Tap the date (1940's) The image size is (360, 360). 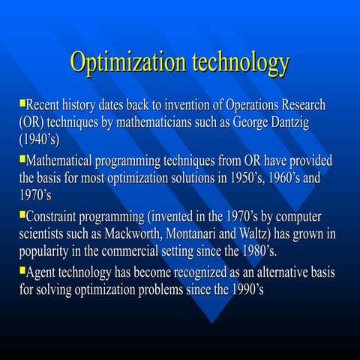coord(38,139)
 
